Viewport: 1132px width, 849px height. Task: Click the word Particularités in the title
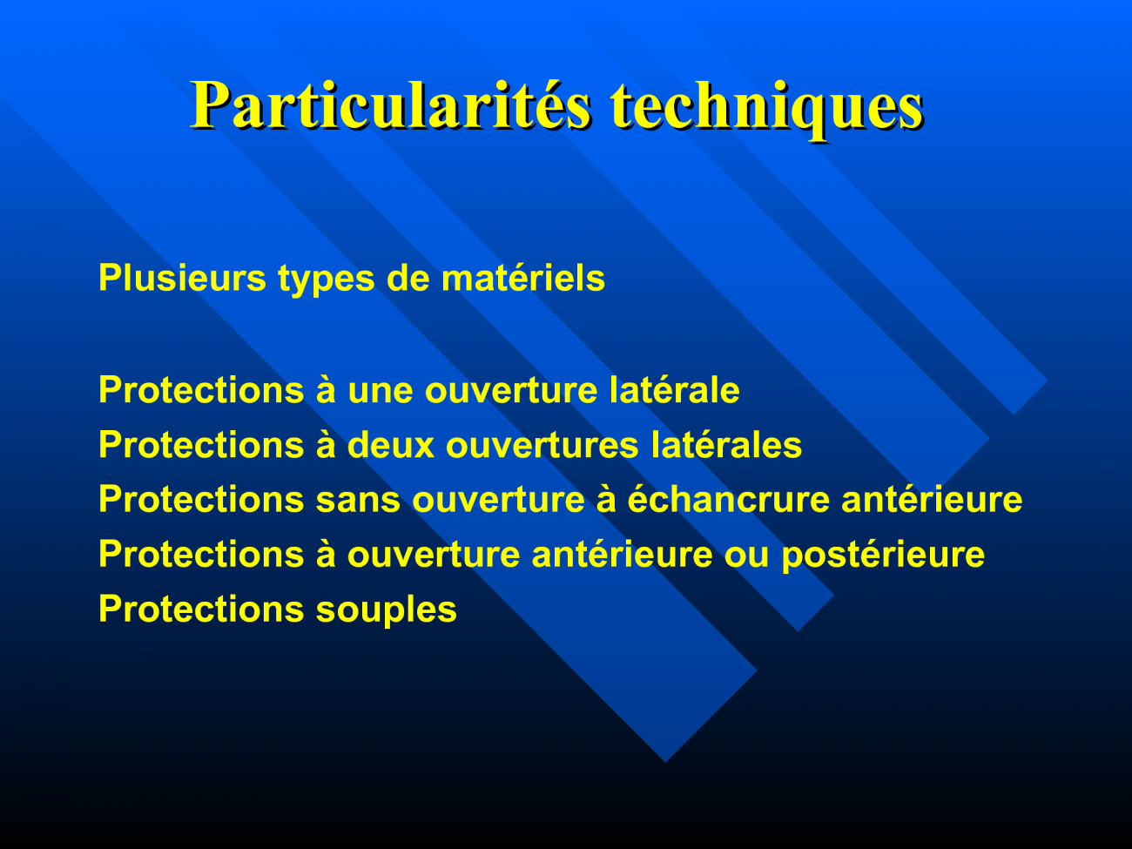(x=391, y=105)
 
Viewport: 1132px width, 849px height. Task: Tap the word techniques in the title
(x=767, y=110)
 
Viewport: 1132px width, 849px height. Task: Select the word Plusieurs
(x=182, y=279)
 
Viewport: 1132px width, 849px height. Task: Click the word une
(x=380, y=391)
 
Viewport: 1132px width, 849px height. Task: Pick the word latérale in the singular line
(x=674, y=390)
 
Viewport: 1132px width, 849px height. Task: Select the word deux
(x=390, y=445)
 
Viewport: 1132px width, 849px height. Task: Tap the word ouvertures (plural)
(x=542, y=447)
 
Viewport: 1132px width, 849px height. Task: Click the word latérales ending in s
(x=726, y=445)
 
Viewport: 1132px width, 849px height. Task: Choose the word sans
(x=358, y=501)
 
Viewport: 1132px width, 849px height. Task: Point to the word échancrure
(x=728, y=499)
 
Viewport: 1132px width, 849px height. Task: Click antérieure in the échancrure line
(x=932, y=499)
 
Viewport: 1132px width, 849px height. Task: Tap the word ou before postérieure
(x=747, y=556)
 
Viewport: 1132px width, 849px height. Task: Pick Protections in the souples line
(x=201, y=609)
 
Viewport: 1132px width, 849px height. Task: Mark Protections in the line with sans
(x=201, y=499)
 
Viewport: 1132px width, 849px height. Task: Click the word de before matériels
(x=408, y=279)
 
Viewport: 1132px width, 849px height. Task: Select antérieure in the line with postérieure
(x=622, y=554)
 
